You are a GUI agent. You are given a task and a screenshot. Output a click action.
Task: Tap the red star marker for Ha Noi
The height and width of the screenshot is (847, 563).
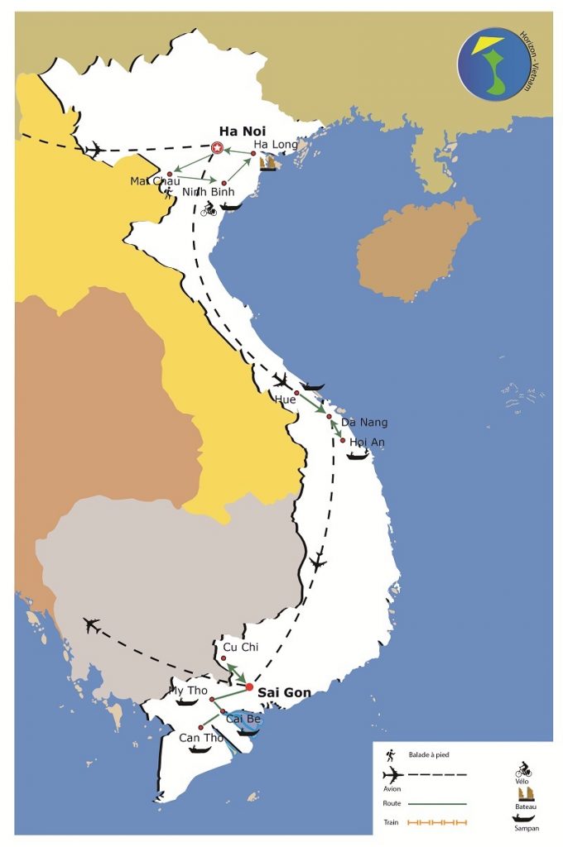[217, 148]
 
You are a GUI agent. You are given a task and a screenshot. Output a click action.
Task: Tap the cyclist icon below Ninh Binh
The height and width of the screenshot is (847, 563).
[208, 210]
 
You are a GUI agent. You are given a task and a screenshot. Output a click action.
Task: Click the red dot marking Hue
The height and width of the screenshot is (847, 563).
[296, 393]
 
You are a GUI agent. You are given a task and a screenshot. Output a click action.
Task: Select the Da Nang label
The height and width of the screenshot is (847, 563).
[364, 423]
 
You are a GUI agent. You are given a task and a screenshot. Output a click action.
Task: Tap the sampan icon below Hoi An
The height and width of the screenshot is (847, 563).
[357, 456]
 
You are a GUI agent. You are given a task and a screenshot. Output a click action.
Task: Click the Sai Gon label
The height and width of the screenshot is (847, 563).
[284, 692]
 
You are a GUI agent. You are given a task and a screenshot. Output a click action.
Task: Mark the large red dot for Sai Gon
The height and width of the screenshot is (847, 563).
[250, 686]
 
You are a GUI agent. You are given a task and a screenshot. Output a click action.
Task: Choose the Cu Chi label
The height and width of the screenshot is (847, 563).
[241, 647]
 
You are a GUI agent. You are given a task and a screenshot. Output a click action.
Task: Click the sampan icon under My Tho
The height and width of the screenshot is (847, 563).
[186, 702]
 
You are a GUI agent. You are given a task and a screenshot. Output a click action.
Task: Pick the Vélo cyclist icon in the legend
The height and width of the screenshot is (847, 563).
[522, 770]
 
